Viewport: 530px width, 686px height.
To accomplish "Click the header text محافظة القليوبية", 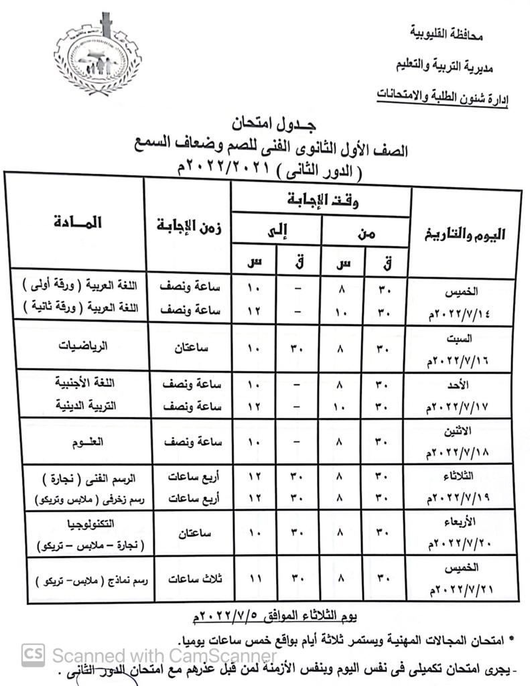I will (446, 33).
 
